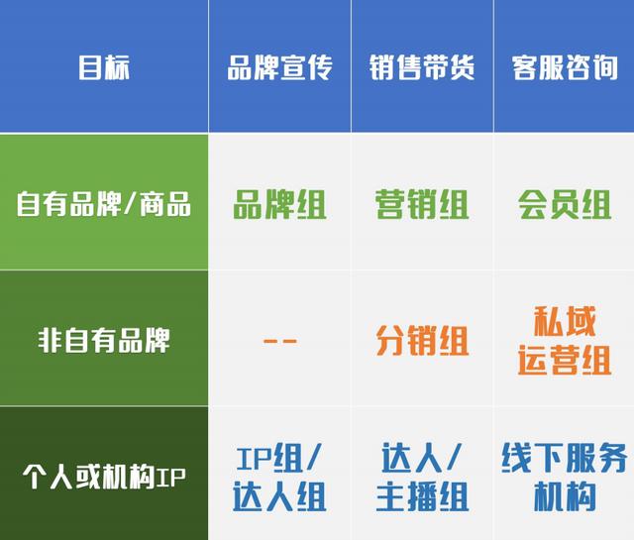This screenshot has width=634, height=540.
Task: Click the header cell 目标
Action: click(104, 67)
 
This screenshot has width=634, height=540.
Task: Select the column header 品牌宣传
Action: click(279, 67)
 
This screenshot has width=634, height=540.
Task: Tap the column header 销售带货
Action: click(422, 67)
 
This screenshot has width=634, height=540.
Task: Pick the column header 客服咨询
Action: click(565, 67)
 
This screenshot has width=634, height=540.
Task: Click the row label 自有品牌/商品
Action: click(104, 203)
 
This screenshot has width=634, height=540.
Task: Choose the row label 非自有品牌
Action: click(104, 340)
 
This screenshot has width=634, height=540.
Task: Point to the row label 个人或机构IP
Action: click(104, 477)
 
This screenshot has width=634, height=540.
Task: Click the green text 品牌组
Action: click(279, 204)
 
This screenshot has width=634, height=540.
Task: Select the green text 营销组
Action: click(422, 204)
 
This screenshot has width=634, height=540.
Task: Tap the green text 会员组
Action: click(565, 204)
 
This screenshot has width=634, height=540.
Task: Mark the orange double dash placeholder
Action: click(279, 341)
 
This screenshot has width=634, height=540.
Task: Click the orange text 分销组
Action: click(422, 341)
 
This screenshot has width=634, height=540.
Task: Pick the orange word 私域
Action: click(565, 321)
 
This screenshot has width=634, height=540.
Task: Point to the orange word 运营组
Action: click(565, 360)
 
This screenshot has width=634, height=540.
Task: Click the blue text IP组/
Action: click(279, 458)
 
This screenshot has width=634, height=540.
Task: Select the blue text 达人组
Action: click(279, 496)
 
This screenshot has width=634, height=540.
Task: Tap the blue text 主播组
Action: click(422, 496)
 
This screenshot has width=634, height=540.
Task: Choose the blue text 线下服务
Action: click(565, 458)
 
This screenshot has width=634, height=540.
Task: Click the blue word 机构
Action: click(565, 496)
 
